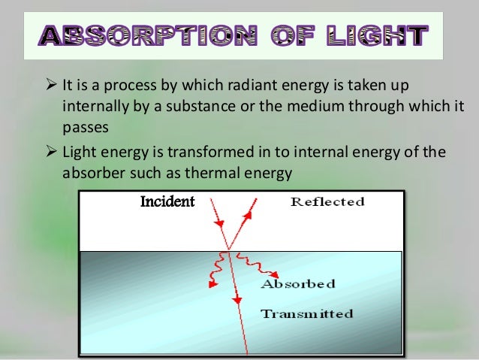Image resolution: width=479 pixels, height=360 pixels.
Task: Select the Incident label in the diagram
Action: point(167,201)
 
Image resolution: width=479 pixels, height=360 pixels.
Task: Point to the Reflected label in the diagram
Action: point(327,201)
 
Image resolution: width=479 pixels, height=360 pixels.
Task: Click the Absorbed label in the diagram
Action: point(297,284)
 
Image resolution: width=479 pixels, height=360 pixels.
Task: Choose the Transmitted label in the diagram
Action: point(306,313)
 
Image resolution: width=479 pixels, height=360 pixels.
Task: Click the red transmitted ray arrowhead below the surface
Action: point(236,300)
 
